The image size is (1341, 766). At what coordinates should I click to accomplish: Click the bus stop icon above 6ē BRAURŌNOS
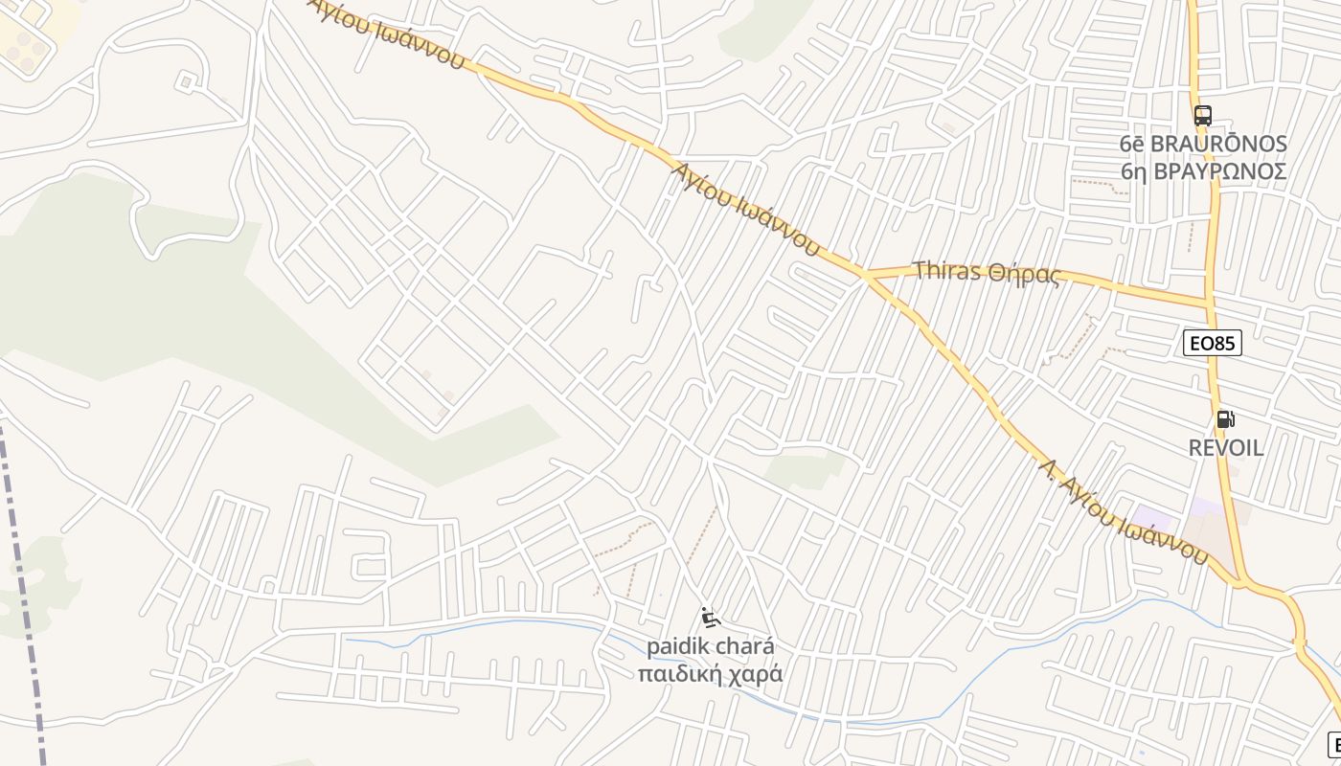pyautogui.click(x=1203, y=116)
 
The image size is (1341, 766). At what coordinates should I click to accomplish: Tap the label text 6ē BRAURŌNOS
pyautogui.click(x=1203, y=144)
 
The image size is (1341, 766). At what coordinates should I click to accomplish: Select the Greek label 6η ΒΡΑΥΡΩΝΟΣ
pyautogui.click(x=1203, y=170)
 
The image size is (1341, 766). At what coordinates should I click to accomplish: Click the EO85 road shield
pyautogui.click(x=1213, y=343)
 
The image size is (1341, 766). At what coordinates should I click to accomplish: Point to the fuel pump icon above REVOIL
pyautogui.click(x=1225, y=419)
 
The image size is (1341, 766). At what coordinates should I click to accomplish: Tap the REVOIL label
pyautogui.click(x=1226, y=447)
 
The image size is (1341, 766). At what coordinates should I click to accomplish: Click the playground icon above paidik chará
pyautogui.click(x=710, y=619)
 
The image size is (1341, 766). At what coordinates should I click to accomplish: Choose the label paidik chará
pyautogui.click(x=710, y=645)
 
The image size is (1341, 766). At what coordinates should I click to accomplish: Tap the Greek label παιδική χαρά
pyautogui.click(x=710, y=673)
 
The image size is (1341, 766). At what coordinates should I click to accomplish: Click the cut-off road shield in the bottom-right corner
pyautogui.click(x=1334, y=744)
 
